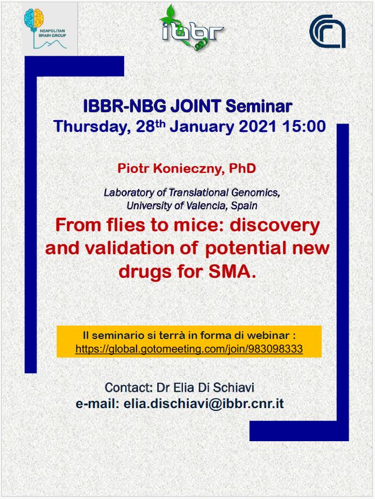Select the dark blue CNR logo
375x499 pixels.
point(328,31)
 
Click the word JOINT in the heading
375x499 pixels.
point(196,106)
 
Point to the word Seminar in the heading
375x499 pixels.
point(259,106)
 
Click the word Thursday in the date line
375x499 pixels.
point(92,127)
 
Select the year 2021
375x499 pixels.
point(258,126)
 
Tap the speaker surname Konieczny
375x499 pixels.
point(186,168)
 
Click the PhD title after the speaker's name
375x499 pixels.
point(243,168)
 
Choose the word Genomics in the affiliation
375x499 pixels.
point(255,193)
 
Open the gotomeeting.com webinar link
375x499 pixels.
point(189,349)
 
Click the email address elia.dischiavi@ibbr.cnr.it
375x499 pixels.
point(204,404)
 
